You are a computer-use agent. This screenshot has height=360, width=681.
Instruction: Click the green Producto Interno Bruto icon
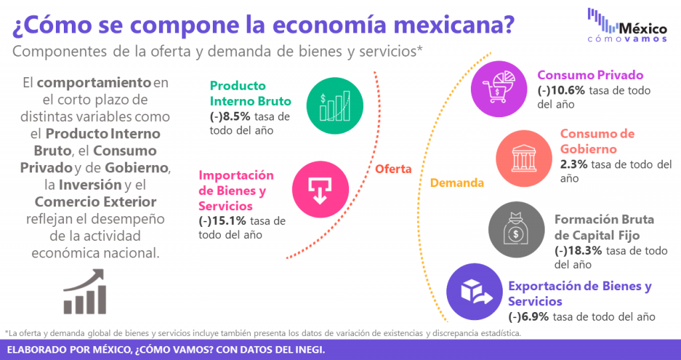[x=335, y=106]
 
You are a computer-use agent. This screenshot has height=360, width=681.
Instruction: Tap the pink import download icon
[x=320, y=190]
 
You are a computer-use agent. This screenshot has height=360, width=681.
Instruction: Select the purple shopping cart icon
[x=499, y=89]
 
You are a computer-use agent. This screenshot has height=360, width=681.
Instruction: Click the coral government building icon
[x=524, y=158]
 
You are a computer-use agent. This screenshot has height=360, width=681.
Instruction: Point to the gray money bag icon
[x=516, y=230]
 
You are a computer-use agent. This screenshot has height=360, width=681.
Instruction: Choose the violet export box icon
[x=475, y=291]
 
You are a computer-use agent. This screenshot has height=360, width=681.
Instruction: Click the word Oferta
[x=394, y=169]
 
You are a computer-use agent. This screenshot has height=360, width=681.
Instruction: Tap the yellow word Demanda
[x=457, y=182]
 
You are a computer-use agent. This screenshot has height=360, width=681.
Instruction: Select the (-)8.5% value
[x=229, y=117]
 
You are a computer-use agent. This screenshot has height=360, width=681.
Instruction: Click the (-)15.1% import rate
[x=222, y=221]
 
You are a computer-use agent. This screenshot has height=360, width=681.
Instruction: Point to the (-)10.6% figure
[x=561, y=90]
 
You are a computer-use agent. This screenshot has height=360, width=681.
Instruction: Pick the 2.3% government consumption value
[x=574, y=164]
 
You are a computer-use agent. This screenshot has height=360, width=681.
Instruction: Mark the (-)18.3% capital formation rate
[x=578, y=251]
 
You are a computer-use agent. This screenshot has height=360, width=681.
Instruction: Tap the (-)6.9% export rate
[x=529, y=317]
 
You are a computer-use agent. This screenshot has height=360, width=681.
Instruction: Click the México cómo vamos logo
[x=627, y=25]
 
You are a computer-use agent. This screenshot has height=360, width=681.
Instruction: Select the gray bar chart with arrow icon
[x=85, y=291]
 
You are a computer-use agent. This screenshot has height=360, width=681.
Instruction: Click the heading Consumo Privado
[x=591, y=75]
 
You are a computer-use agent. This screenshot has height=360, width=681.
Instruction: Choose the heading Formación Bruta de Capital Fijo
[x=604, y=228]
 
